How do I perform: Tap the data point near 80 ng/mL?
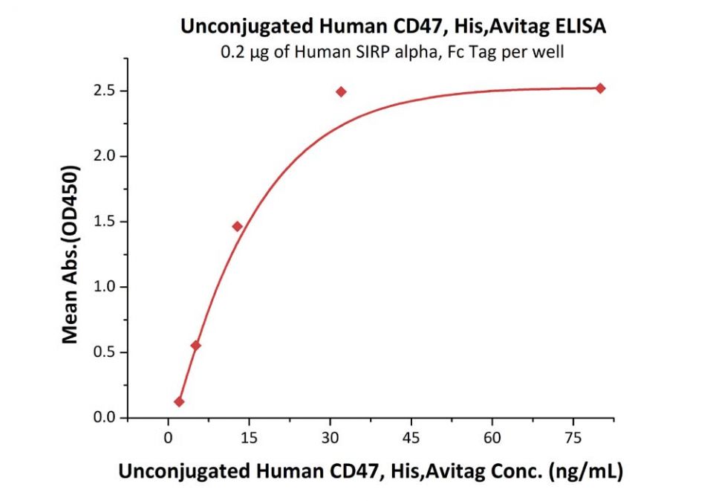tap(600, 88)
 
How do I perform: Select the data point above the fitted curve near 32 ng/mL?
tap(341, 91)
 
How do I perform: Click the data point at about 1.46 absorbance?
tap(237, 226)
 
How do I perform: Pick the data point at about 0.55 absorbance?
tap(195, 345)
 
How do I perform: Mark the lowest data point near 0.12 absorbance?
tap(179, 401)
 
